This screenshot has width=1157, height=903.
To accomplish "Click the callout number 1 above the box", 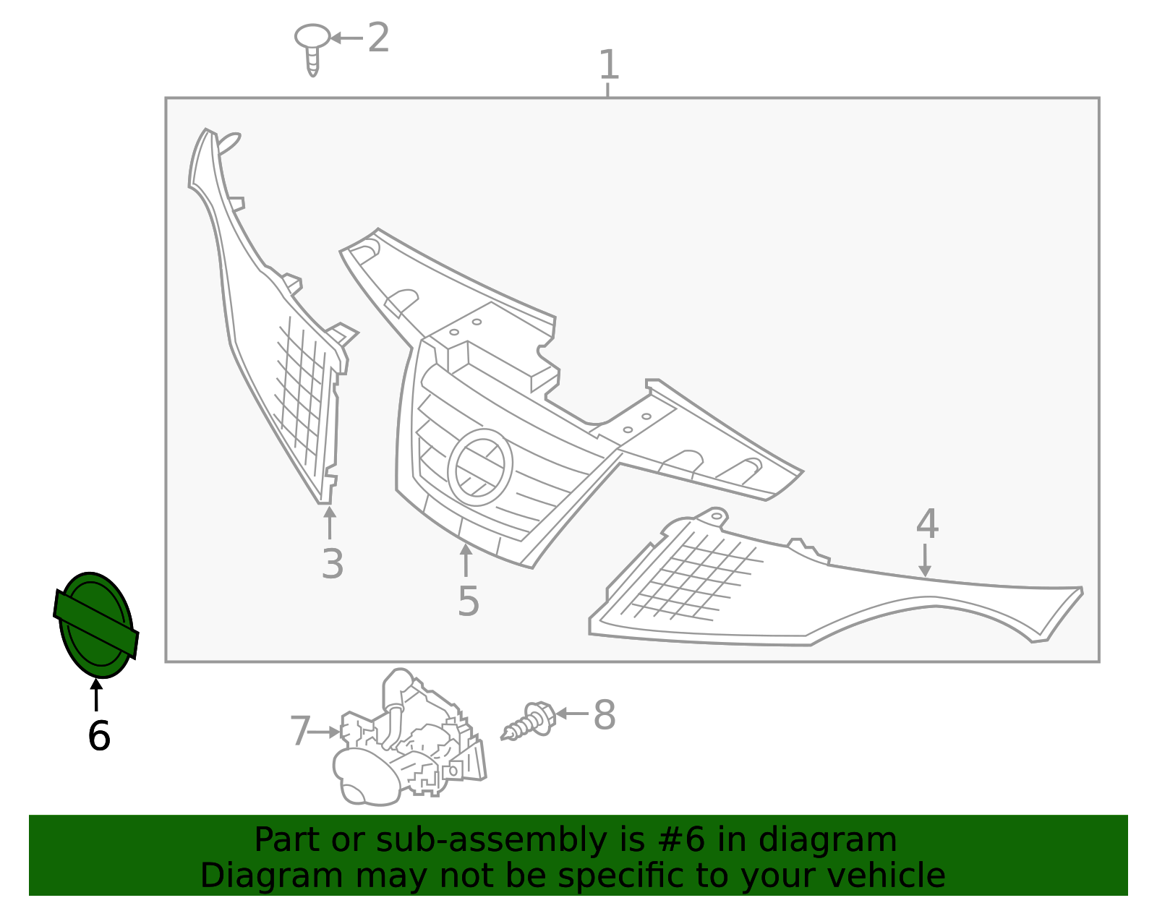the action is point(609,65).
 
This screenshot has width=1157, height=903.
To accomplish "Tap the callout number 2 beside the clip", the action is point(379,38).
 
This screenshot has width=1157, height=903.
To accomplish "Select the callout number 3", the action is point(333,563).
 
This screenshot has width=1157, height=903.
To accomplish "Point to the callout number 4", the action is point(927,523).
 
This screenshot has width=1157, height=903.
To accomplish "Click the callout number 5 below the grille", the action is point(469,602).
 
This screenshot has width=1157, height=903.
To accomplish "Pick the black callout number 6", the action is point(99,736).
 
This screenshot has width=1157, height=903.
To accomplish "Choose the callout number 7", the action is point(300,731).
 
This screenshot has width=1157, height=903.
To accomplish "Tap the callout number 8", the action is point(605,715).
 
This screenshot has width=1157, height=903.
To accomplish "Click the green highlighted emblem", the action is point(96,625).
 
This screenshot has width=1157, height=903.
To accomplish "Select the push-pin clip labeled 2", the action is point(312,49).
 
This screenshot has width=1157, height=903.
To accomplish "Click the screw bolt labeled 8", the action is point(529,722).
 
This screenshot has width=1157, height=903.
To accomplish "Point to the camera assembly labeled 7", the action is point(409,739).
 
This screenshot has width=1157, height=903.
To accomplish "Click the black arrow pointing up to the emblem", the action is point(96,695).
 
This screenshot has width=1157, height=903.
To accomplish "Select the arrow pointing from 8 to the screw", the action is point(572,713).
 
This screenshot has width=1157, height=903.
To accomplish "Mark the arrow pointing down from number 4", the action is point(925,560).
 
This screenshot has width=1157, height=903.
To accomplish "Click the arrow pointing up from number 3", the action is point(330,523).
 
